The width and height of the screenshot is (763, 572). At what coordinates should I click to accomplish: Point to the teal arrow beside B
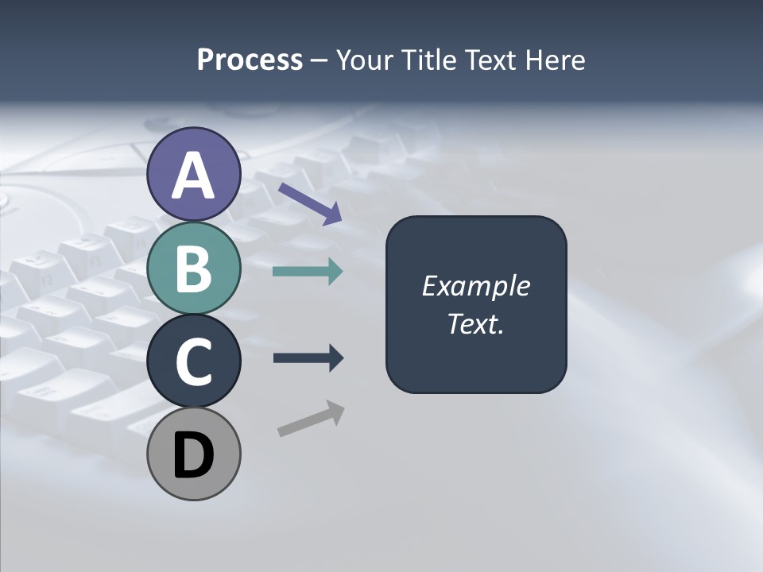(x=308, y=272)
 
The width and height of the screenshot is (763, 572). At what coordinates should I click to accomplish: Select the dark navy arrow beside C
(x=308, y=358)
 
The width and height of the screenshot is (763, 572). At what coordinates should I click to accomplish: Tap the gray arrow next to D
(x=311, y=419)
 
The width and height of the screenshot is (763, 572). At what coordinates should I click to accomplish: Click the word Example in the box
(x=476, y=286)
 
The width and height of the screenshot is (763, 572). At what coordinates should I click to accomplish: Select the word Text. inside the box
(x=475, y=324)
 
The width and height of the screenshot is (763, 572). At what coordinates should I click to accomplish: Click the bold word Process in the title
(x=250, y=60)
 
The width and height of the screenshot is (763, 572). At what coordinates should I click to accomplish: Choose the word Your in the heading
(x=366, y=60)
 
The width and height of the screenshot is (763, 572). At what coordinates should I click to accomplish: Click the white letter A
(x=193, y=176)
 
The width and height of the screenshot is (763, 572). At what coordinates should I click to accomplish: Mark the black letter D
(x=193, y=456)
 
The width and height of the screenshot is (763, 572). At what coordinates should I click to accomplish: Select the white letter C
(x=193, y=361)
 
